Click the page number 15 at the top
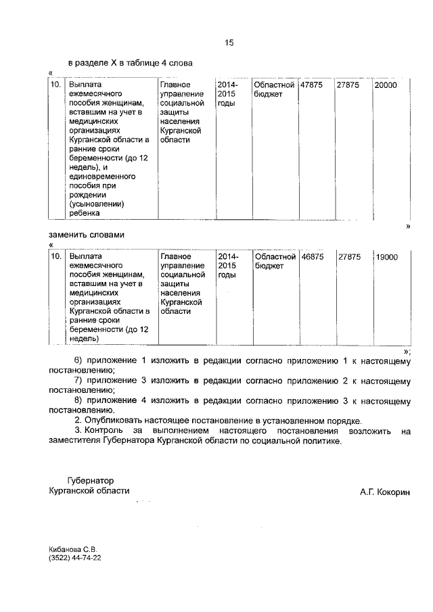coord(229,43)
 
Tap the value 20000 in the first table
coord(387,85)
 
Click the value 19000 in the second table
coord(387,257)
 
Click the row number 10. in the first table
coord(57,85)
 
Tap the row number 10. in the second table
coord(57,257)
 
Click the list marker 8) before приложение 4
coord(78,401)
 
